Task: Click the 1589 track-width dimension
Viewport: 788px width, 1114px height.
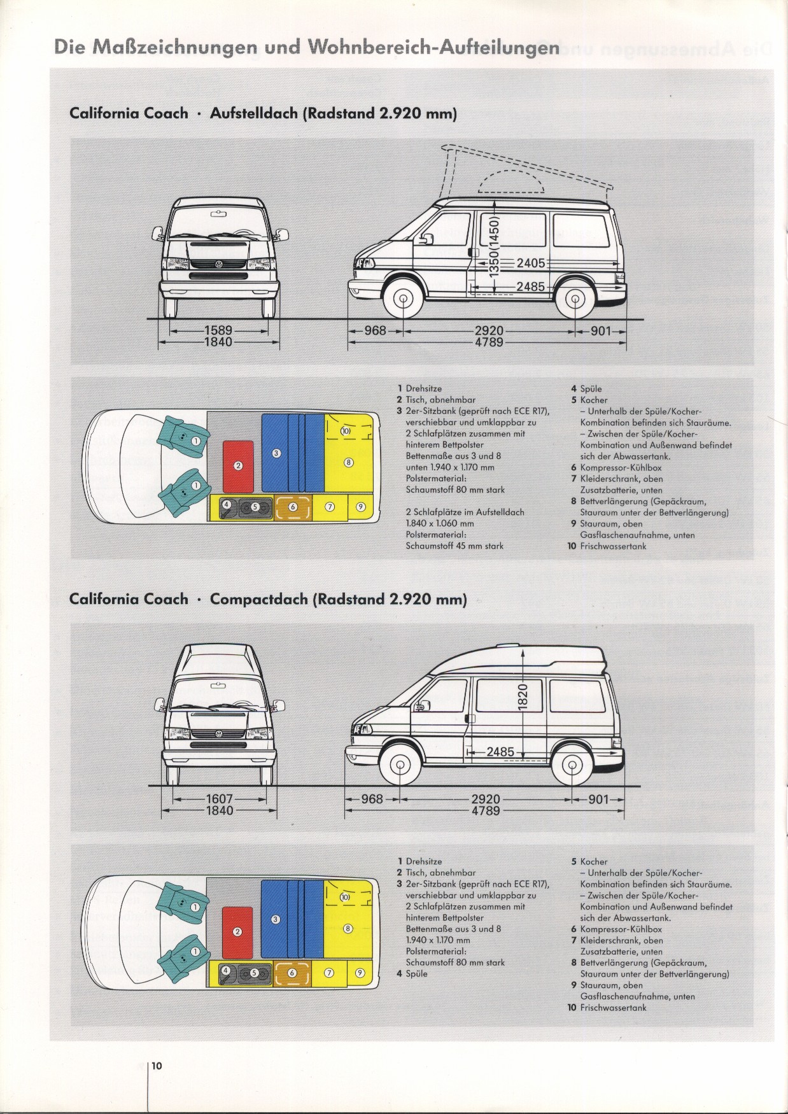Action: click(218, 331)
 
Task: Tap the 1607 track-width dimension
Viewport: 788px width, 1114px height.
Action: click(220, 799)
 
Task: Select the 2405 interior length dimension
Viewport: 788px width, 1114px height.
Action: click(531, 262)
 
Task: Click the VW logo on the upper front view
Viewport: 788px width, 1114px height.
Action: click(219, 264)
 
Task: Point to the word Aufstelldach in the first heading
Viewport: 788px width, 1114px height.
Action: click(254, 114)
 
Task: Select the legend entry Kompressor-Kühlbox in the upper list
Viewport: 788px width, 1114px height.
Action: click(621, 468)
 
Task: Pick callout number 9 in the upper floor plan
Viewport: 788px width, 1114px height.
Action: click(361, 507)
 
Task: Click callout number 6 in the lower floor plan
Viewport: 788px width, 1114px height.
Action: click(293, 973)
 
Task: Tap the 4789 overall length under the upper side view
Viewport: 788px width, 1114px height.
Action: click(489, 342)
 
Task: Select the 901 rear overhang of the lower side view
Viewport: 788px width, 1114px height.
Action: click(598, 799)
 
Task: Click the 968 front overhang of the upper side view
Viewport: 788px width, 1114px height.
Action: click(375, 331)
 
